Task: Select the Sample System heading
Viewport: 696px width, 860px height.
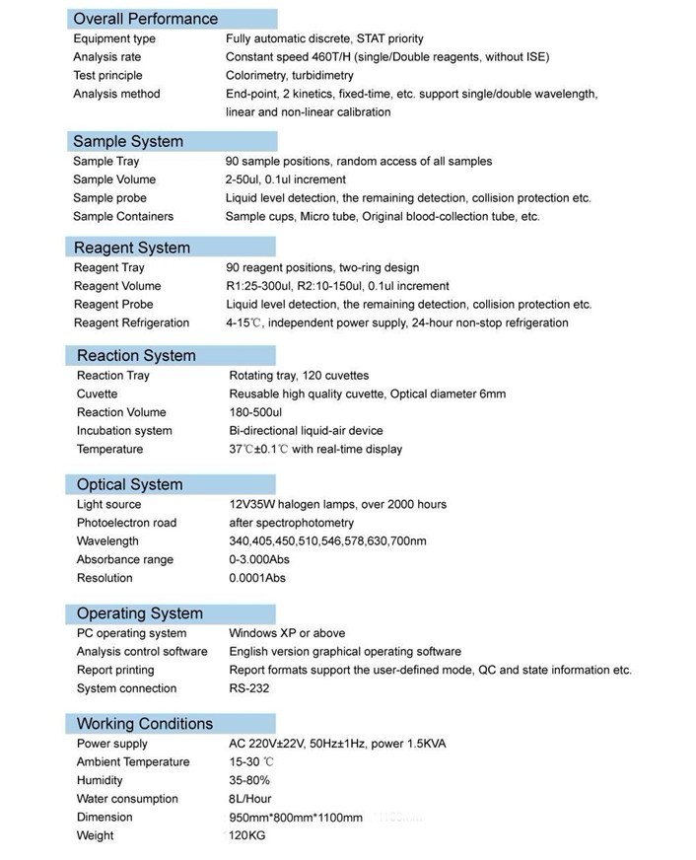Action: [128, 141]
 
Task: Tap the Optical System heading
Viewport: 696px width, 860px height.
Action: [130, 484]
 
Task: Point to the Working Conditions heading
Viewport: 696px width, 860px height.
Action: [145, 724]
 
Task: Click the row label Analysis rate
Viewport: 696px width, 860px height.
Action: [106, 57]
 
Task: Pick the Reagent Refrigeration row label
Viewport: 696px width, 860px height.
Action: [131, 322]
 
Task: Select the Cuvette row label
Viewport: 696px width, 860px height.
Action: [97, 394]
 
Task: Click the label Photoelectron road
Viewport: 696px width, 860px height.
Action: [126, 523]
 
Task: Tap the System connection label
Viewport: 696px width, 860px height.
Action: [126, 688]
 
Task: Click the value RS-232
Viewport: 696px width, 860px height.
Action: [249, 688]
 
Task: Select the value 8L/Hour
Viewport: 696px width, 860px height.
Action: [250, 799]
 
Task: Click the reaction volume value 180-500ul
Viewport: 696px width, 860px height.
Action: [262, 412]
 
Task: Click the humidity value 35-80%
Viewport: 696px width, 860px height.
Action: [249, 780]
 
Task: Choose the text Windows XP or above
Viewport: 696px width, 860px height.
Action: [287, 633]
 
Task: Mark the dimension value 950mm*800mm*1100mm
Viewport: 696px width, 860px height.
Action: [296, 818]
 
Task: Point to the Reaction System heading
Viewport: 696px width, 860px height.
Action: [136, 355]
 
